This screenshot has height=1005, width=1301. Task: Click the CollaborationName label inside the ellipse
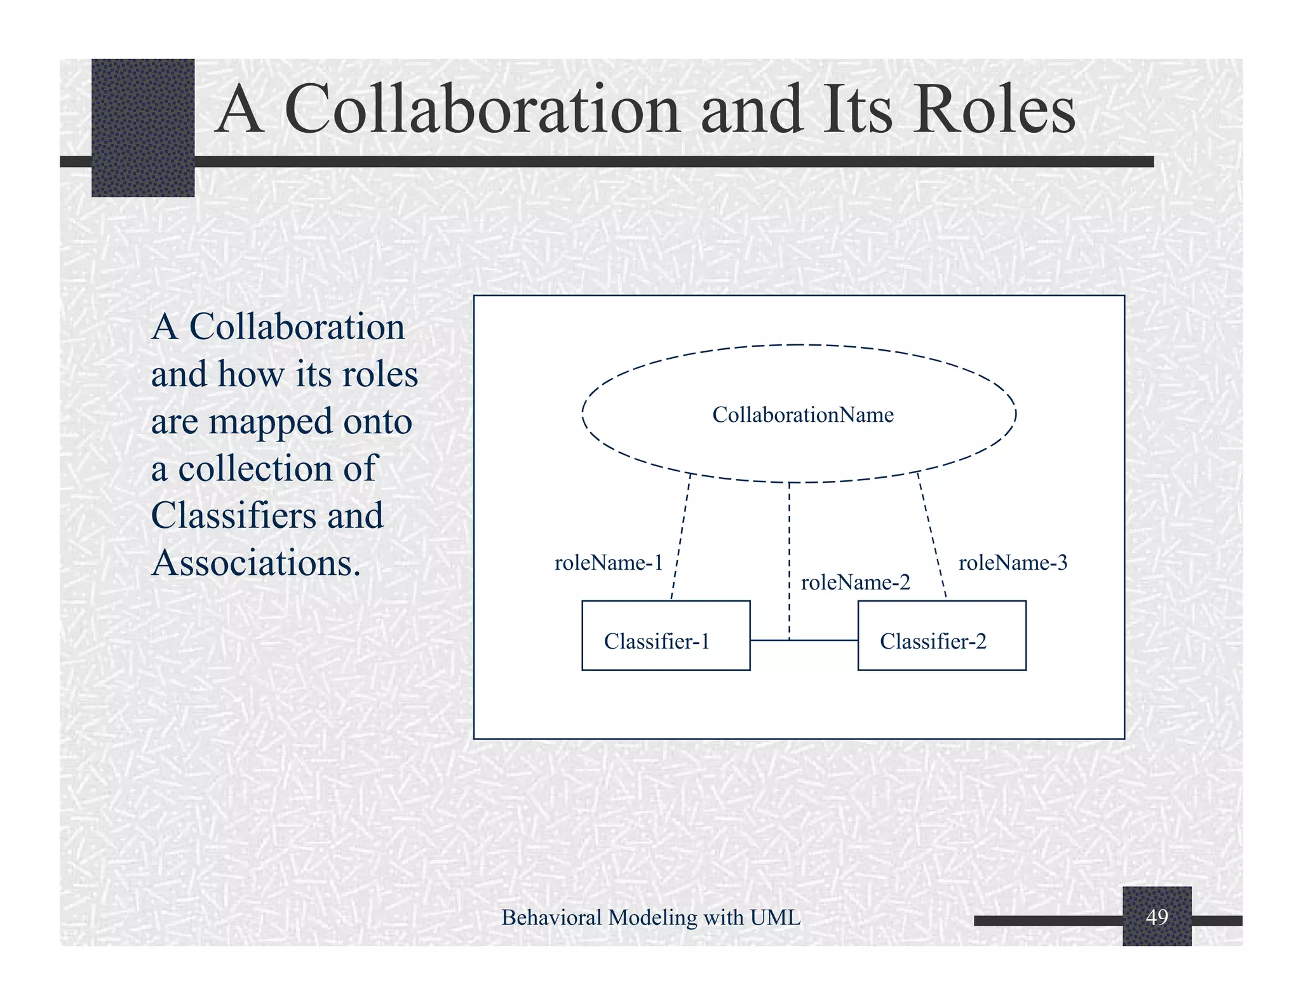[802, 415]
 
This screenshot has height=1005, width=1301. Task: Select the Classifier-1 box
[666, 635]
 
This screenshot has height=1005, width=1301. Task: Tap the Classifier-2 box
[941, 635]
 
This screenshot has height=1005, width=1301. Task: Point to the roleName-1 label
[609, 563]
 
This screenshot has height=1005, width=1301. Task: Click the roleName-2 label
[855, 583]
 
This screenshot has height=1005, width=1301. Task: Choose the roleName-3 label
[1013, 563]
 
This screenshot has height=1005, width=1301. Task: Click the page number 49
[1157, 917]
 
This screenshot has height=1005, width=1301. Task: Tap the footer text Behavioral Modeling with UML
[650, 917]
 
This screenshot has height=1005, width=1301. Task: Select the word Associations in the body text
[256, 563]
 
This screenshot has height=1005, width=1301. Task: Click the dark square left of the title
[143, 128]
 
